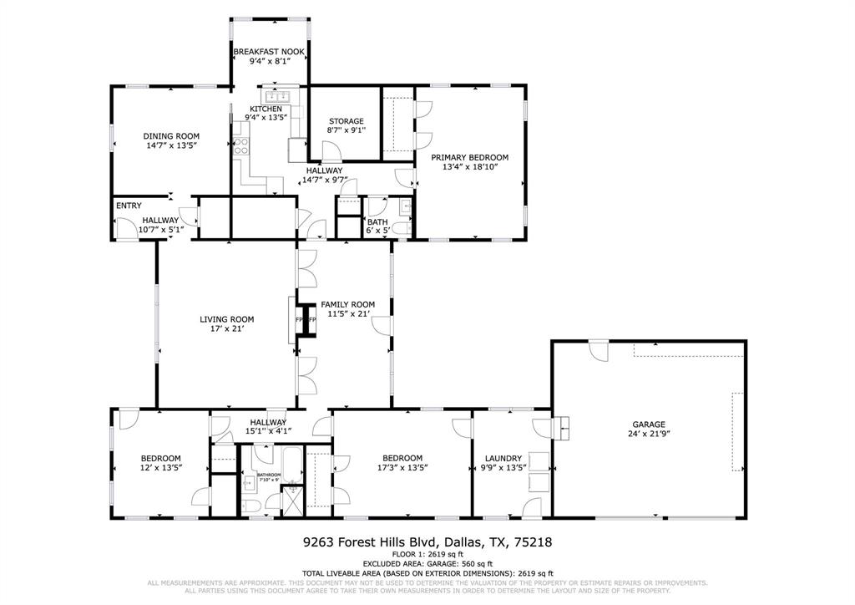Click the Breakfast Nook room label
tap(268, 52)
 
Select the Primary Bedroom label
tap(469, 157)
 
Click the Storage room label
tap(346, 121)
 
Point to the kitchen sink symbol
tap(272, 95)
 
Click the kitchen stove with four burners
tap(242, 147)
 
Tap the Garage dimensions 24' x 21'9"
tap(649, 434)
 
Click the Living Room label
tap(226, 319)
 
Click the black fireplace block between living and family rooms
tap(306, 320)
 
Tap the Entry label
tap(129, 206)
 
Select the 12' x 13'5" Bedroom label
tap(160, 458)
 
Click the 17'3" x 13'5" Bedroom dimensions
tap(402, 468)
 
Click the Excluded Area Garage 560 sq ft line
tap(427, 564)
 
